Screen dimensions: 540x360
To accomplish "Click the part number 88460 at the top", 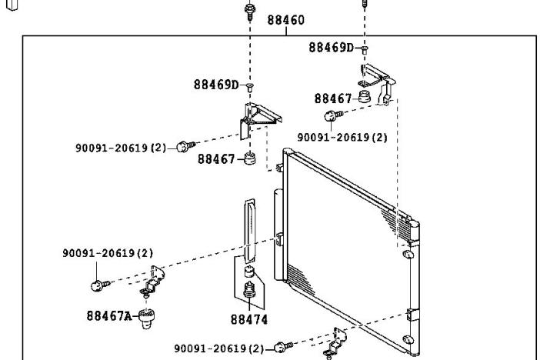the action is pos(286,20).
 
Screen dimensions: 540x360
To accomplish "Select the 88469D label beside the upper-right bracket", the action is pos(331,48).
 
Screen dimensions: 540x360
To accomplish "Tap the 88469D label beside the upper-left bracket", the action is pos(216,85).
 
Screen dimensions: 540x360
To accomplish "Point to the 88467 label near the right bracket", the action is pos(332,99).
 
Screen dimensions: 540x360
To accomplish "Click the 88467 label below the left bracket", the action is pos(216,159).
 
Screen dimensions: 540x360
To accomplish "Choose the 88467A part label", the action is pos(108,316).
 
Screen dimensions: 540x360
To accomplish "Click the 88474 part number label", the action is pos(249,320).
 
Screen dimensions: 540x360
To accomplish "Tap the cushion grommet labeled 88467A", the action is pos(146,318).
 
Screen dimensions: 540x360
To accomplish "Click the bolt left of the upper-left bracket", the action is pos(186,146).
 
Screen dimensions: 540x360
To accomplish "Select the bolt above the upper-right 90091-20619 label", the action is pos(333,115).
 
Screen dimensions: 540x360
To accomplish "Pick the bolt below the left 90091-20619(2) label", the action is pos(100,285).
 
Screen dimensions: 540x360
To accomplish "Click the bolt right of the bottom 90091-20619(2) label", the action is pos(284,347).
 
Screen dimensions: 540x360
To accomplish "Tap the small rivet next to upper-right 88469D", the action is pos(365,49).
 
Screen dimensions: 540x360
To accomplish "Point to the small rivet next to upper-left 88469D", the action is pos(250,86).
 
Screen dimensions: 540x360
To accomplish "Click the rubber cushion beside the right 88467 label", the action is pos(364,96).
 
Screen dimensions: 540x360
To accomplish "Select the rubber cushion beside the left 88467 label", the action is pos(250,158).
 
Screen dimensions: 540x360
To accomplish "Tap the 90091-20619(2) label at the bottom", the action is pos(218,348).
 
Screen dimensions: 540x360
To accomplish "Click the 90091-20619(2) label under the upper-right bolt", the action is pos(342,138).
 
